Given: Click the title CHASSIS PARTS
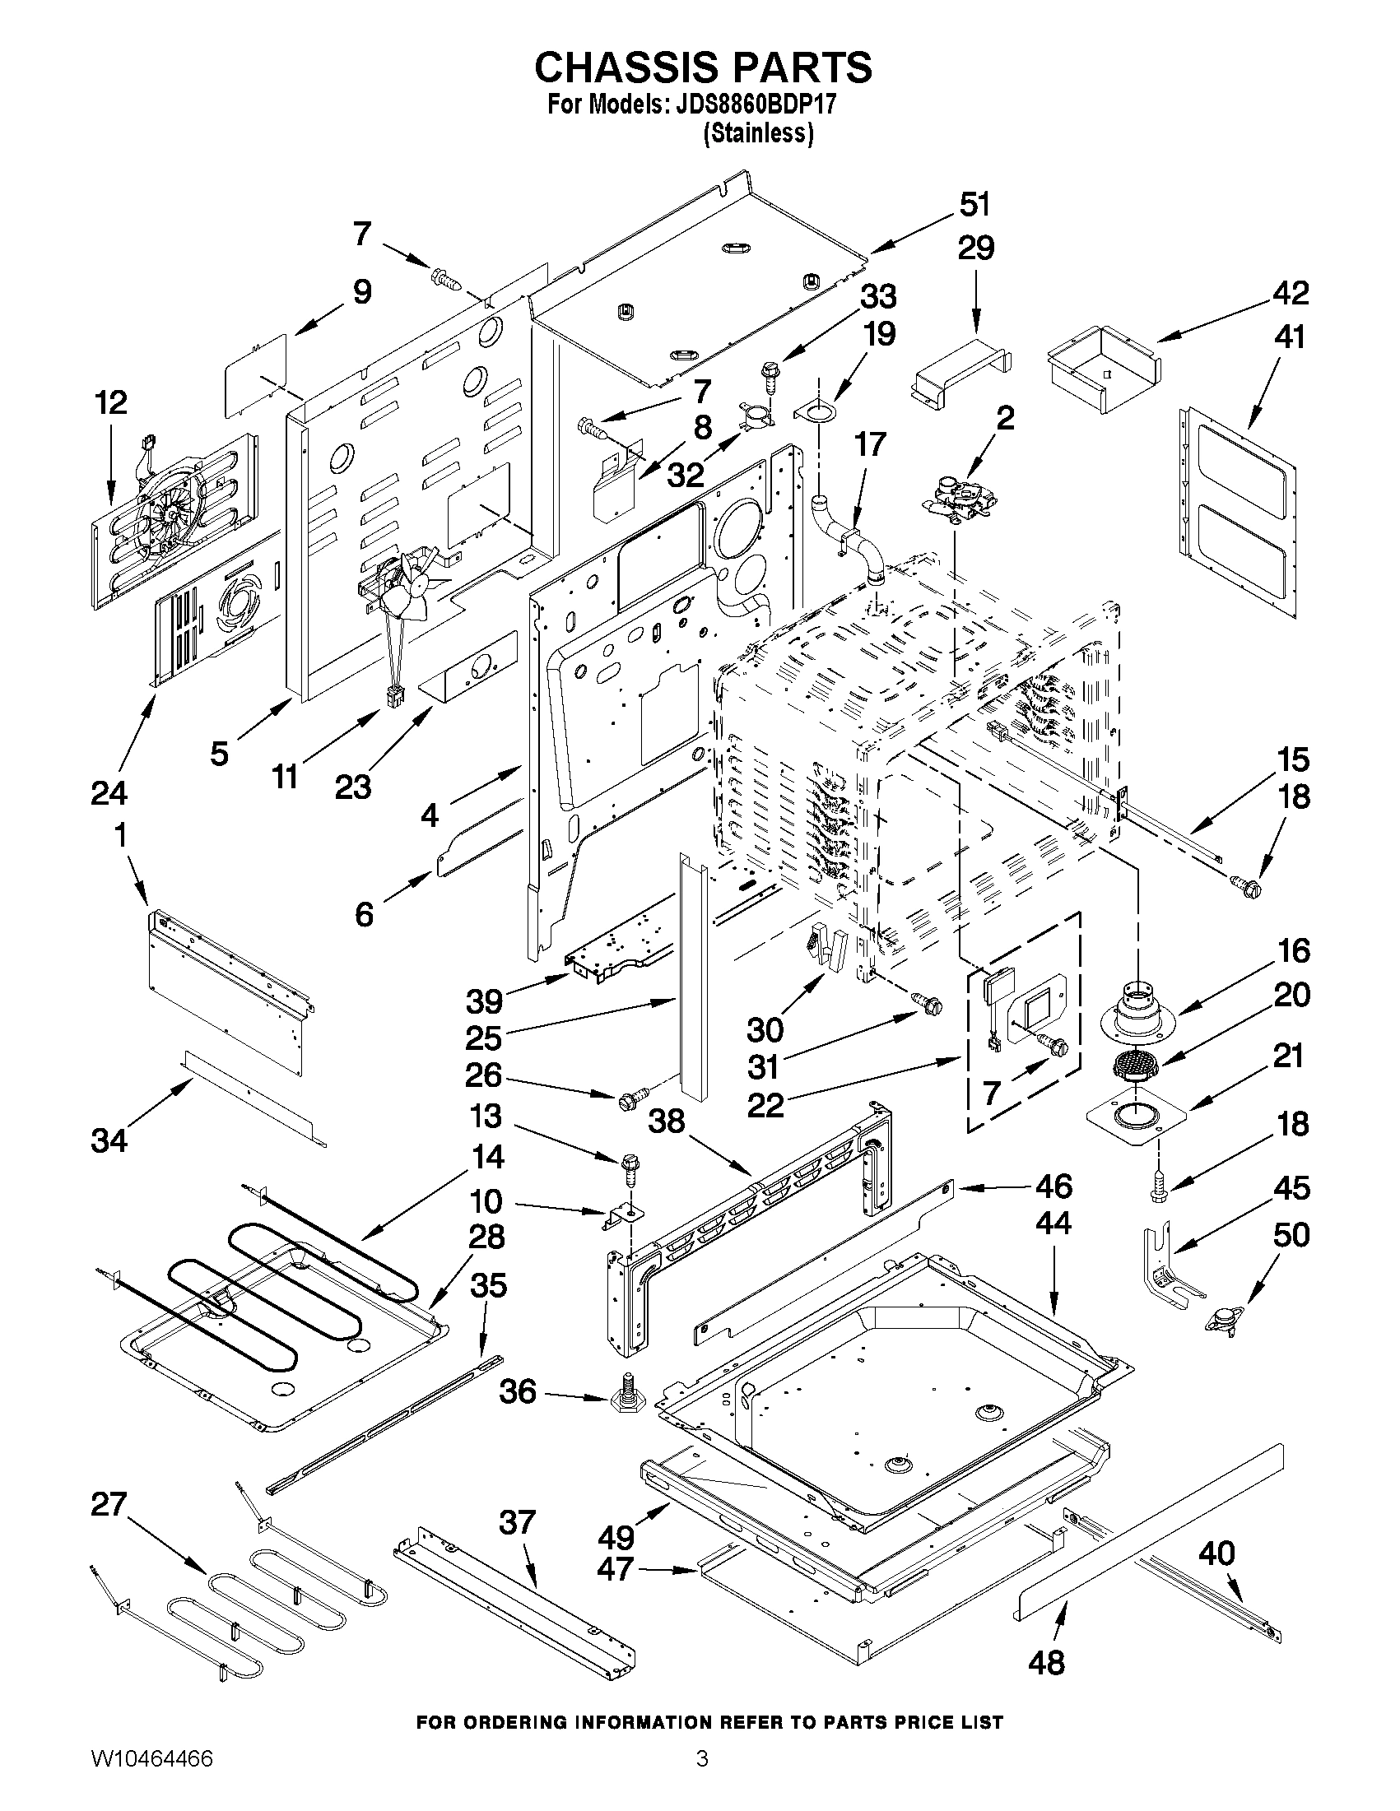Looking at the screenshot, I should pyautogui.click(x=703, y=67).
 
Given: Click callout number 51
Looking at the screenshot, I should pyautogui.click(x=975, y=204).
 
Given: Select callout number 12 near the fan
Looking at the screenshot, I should pyautogui.click(x=110, y=403).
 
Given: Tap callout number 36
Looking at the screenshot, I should pyautogui.click(x=519, y=1391).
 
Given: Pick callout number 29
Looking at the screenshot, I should pyautogui.click(x=976, y=248).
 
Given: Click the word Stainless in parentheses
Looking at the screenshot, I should pyautogui.click(x=757, y=133).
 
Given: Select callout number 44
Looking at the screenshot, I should pyautogui.click(x=1053, y=1223).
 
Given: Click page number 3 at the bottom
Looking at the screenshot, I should pyautogui.click(x=702, y=1776).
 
